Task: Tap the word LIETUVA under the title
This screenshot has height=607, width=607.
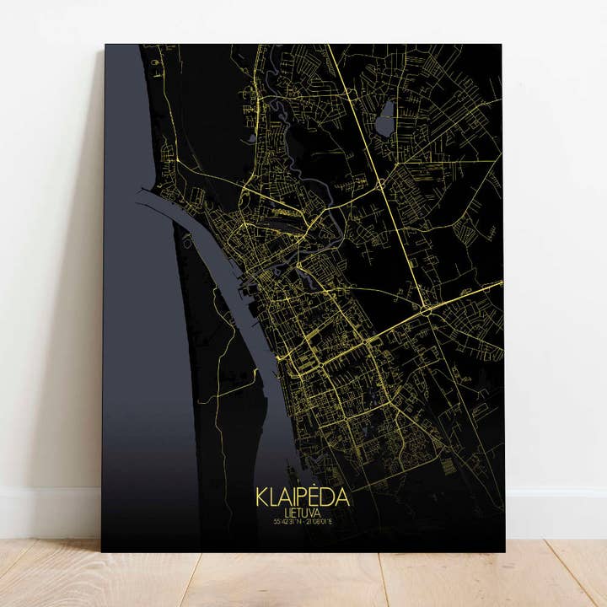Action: point(301,512)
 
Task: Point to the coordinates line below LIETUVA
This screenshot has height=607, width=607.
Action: point(302,521)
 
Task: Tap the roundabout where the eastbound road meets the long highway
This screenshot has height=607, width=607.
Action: point(428,310)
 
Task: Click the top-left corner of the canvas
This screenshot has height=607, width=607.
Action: point(106,46)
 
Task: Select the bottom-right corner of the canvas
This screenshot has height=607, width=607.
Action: point(504,552)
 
